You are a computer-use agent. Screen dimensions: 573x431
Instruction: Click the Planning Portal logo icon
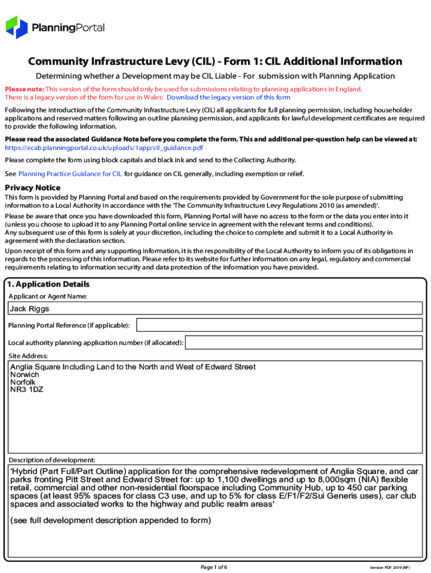pyautogui.click(x=16, y=27)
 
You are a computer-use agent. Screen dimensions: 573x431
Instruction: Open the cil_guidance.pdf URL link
pyautogui.click(x=104, y=148)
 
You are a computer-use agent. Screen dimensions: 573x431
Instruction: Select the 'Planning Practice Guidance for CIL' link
pyautogui.click(x=70, y=174)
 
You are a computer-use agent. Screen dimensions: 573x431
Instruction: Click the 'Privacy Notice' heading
pyautogui.click(x=32, y=187)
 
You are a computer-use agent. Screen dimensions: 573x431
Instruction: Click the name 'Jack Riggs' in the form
pyautogui.click(x=29, y=309)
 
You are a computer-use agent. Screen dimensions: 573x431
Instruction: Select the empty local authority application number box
pyautogui.click(x=303, y=342)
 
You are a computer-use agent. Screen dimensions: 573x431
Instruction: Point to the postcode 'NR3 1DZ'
pyautogui.click(x=27, y=389)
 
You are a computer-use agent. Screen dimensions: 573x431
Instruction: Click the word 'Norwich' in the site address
pyautogui.click(x=25, y=374)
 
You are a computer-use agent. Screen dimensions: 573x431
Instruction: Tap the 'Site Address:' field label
pyautogui.click(x=28, y=356)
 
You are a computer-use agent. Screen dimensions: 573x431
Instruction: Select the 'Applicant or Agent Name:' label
pyautogui.click(x=48, y=295)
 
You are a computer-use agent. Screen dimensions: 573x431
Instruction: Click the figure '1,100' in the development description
pyautogui.click(x=229, y=480)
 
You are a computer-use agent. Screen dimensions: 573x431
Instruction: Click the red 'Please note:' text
pyautogui.click(x=24, y=89)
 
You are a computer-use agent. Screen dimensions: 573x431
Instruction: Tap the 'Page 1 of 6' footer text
pyautogui.click(x=214, y=567)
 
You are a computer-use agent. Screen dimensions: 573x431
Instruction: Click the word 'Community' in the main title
pyautogui.click(x=60, y=62)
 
